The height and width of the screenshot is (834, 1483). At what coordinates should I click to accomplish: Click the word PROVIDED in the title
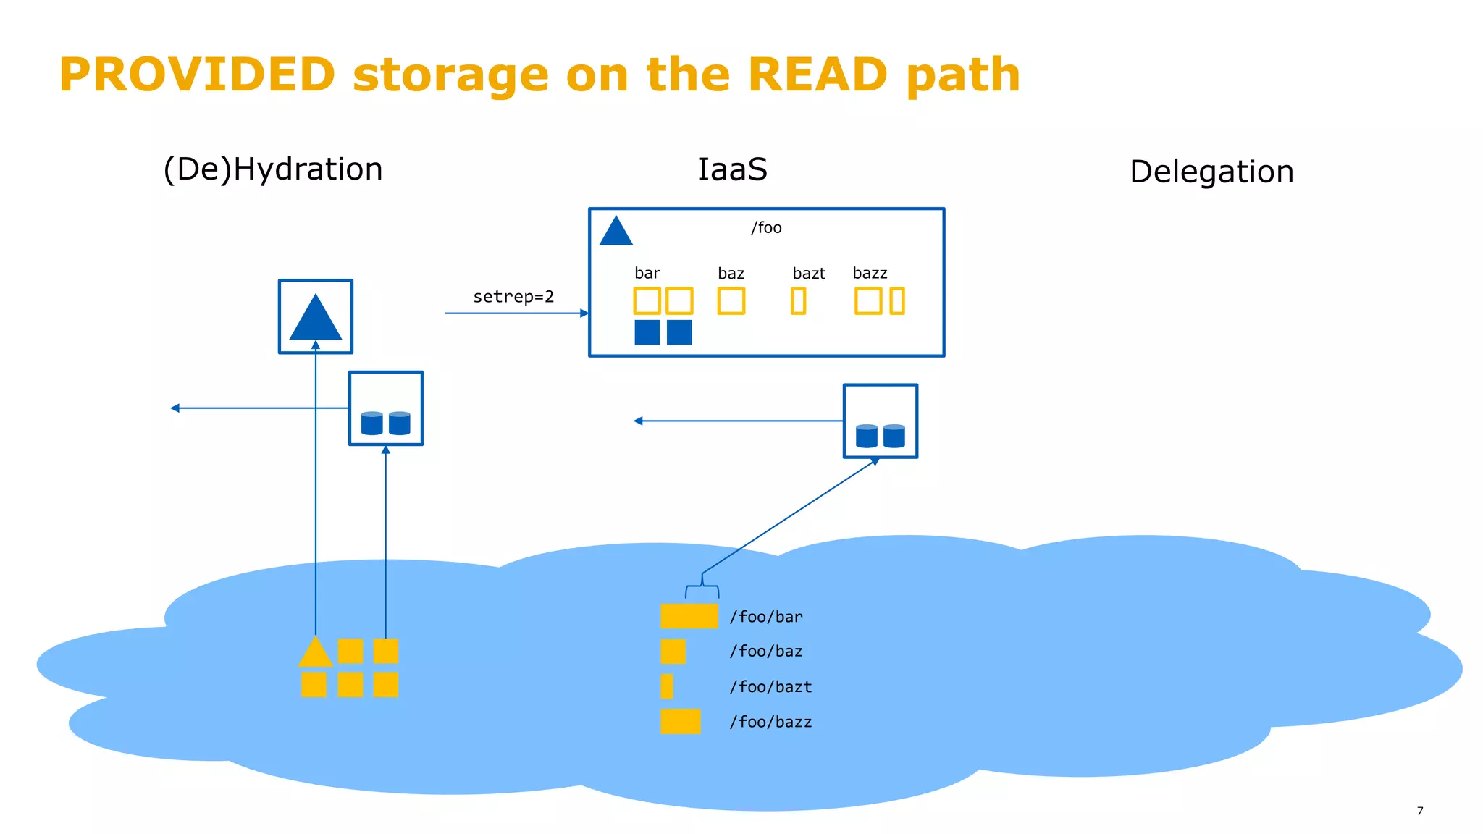tap(197, 75)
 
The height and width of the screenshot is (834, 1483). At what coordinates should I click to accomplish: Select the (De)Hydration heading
tap(273, 169)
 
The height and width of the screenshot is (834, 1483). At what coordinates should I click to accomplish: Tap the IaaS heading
tap(731, 169)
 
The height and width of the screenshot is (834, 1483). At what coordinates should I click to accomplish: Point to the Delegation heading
tap(1211, 172)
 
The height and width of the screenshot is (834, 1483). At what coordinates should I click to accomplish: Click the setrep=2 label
tap(513, 297)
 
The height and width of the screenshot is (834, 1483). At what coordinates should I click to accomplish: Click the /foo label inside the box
tap(766, 228)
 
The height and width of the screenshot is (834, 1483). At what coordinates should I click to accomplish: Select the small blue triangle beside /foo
tap(616, 232)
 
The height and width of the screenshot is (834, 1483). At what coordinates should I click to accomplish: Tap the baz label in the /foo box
tap(731, 274)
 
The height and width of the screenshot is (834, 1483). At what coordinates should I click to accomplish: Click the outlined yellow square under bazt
tap(798, 301)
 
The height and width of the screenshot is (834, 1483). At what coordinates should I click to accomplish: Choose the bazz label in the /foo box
tap(870, 274)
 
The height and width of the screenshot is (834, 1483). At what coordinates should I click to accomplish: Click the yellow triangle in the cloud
tap(315, 653)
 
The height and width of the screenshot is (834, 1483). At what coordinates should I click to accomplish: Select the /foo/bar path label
tap(766, 617)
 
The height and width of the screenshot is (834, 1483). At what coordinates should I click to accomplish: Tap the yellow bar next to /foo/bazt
tap(666, 686)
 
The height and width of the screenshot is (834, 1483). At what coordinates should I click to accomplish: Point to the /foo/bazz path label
tap(770, 722)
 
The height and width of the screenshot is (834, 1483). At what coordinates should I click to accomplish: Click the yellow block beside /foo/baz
tap(673, 652)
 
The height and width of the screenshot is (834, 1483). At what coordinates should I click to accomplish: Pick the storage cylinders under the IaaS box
tap(880, 436)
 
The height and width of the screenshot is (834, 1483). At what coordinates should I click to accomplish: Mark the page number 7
tap(1419, 811)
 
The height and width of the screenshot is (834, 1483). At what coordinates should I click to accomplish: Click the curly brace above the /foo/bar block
tap(702, 587)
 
